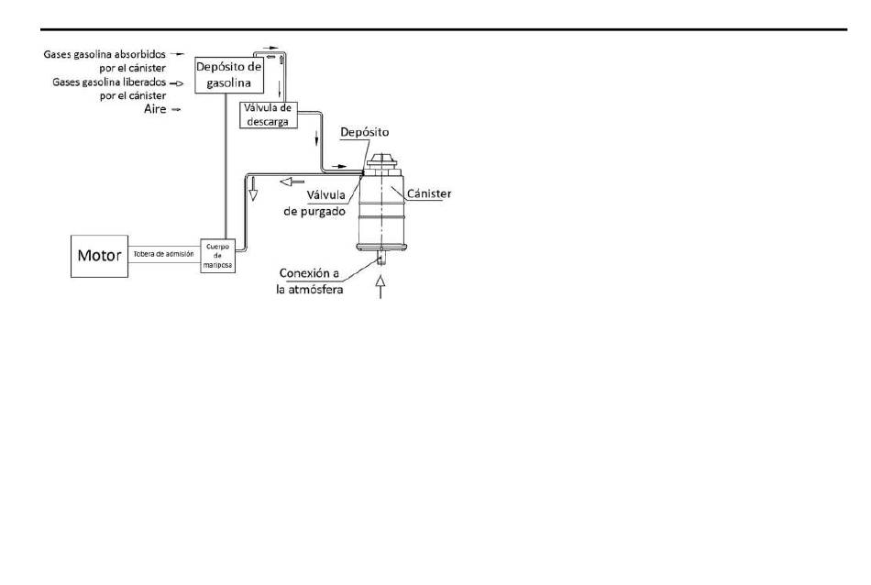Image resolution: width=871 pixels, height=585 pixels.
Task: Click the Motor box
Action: (99, 256)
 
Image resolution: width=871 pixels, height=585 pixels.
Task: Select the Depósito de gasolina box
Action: (229, 75)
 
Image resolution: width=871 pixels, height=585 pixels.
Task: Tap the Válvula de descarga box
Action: (269, 115)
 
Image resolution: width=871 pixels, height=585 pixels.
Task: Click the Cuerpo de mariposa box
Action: (217, 256)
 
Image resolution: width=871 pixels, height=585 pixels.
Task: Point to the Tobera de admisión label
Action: (164, 254)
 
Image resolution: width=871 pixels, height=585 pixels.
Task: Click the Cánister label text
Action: (429, 193)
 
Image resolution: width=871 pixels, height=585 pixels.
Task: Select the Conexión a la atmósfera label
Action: (309, 281)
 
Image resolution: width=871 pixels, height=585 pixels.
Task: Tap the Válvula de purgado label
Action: (315, 203)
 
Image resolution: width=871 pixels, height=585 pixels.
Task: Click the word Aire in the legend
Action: (155, 109)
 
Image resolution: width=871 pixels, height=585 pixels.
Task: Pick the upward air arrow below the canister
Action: (380, 287)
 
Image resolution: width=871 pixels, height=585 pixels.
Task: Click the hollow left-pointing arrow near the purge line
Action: (292, 182)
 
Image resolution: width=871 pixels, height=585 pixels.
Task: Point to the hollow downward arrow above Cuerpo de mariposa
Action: (253, 188)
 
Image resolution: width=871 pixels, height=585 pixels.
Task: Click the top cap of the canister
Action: (383, 162)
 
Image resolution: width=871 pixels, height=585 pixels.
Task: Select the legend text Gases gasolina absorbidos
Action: (105, 54)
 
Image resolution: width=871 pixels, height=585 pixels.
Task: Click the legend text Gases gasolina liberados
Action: (109, 83)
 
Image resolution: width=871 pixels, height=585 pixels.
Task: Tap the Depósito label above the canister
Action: (364, 132)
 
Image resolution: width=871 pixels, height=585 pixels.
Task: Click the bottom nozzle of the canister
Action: (381, 259)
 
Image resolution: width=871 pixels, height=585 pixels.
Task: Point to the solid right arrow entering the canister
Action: (339, 166)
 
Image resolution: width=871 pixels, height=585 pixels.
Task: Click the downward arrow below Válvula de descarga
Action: (316, 138)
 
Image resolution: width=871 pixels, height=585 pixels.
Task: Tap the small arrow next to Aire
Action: (176, 109)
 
